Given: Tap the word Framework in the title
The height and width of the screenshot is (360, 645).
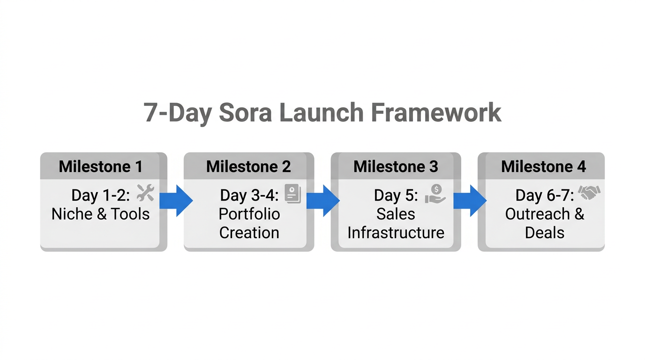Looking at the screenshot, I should point(436,113).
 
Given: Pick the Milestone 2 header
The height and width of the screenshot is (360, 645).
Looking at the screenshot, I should point(248,166).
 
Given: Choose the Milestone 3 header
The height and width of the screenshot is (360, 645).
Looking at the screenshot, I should point(396,166).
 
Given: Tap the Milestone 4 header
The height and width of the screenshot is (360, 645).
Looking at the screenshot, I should point(543,166).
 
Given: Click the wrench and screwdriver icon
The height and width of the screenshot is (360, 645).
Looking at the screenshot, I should point(145,193).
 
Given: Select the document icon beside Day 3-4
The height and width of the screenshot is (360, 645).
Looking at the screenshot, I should point(293,194).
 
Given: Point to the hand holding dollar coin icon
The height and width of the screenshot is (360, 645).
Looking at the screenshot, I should point(435,194).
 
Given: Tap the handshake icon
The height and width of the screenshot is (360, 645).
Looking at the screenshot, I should point(589,193).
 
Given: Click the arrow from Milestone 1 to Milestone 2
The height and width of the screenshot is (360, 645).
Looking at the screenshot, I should point(176,201).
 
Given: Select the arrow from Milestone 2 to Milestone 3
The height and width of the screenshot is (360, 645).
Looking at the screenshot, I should point(323,201).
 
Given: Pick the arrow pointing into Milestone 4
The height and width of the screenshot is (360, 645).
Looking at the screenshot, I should point(470,201).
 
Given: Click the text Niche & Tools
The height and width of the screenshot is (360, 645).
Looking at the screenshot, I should point(100,214).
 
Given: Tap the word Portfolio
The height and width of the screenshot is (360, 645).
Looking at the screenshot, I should point(249,214).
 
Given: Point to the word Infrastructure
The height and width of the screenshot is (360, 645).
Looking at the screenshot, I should point(396,232).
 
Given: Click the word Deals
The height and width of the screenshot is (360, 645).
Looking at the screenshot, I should point(544,232).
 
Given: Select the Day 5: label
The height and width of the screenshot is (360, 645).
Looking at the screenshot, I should point(396,195).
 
